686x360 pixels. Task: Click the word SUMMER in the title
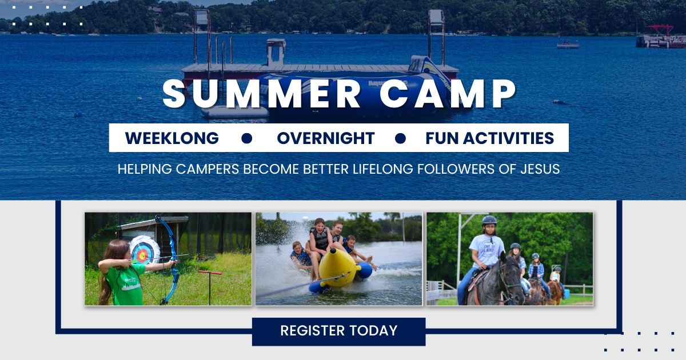262,93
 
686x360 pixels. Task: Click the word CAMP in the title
448,93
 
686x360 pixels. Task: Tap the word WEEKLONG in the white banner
172,138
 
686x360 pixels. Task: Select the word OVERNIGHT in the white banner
326,138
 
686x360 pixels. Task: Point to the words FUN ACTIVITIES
490,138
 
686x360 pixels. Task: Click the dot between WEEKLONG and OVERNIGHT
246,138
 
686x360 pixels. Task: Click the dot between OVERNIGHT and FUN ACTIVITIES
400,138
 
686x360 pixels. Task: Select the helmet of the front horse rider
489,221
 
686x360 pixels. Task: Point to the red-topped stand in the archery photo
210,286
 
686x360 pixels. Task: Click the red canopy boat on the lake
661,37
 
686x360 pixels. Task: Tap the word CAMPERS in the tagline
208,169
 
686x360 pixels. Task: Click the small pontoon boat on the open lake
568,44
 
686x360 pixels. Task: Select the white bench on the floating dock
276,52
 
